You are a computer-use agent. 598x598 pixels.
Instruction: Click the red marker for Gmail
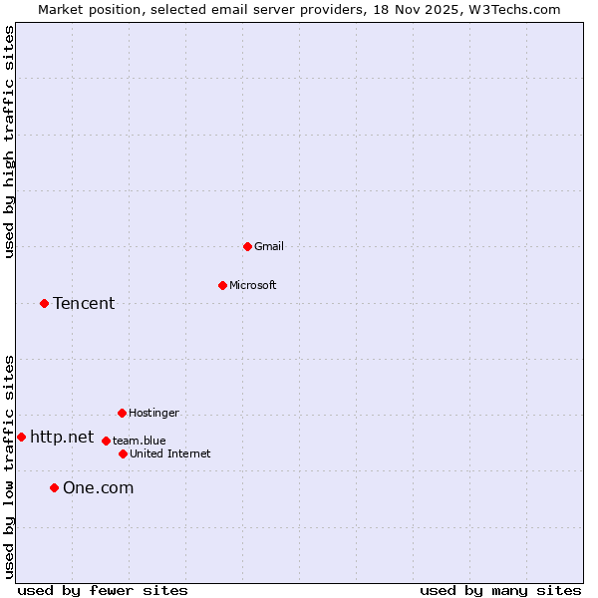pos(247,246)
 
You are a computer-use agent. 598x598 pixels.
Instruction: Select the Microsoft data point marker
pos(222,285)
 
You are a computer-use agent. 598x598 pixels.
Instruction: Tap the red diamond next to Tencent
pos(44,303)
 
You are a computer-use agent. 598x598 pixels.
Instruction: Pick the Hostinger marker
pos(122,413)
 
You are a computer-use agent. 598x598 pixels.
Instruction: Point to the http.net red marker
pos(21,437)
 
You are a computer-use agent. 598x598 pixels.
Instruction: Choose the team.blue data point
pos(106,441)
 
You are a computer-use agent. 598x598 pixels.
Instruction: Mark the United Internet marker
pos(123,453)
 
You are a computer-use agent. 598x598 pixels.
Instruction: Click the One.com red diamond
pos(54,487)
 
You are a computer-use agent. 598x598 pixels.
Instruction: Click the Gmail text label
pos(269,246)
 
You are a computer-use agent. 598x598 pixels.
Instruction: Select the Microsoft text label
pos(253,285)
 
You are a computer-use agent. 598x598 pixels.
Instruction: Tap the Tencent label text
pos(84,303)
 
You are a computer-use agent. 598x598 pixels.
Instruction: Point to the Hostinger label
pos(153,413)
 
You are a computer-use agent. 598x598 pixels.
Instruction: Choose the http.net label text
pos(62,437)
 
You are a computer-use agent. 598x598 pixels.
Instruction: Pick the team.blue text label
pos(140,441)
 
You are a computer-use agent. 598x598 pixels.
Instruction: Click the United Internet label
pos(170,453)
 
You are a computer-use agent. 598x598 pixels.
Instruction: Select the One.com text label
pos(98,487)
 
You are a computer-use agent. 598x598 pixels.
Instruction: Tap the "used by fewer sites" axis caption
pos(103,590)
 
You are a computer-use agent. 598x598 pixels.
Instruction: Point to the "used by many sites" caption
pos(500,590)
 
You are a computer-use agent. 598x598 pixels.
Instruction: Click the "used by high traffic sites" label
pos(9,142)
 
